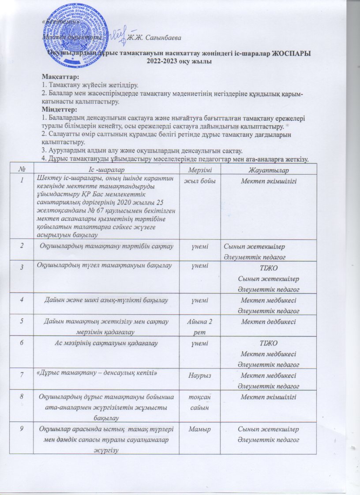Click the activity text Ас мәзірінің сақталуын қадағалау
(110, 342)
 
